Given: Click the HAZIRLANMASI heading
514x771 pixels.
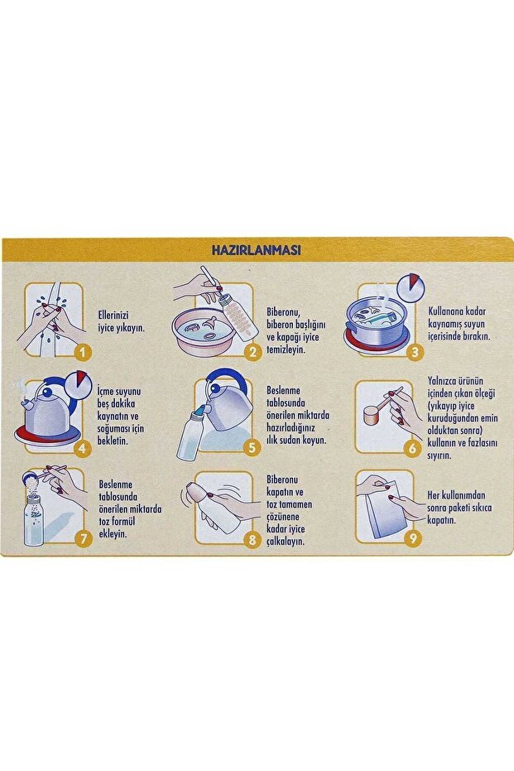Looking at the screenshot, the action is (x=256, y=249).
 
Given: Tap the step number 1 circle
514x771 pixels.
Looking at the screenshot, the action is (x=83, y=352).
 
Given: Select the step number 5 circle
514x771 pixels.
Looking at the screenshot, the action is (x=252, y=447).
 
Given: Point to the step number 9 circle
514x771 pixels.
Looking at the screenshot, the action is (x=413, y=538).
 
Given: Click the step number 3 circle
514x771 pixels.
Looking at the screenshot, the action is (x=416, y=352).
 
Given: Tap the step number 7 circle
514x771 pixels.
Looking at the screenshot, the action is (x=83, y=538).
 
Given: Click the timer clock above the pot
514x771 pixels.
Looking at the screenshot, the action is (x=410, y=287).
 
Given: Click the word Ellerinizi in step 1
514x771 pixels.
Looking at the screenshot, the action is (x=113, y=316).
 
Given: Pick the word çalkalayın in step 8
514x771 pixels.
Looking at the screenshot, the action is (x=286, y=542).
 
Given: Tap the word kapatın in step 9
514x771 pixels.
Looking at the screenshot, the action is (x=442, y=520).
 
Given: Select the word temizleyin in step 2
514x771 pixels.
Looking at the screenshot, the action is (x=286, y=350).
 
